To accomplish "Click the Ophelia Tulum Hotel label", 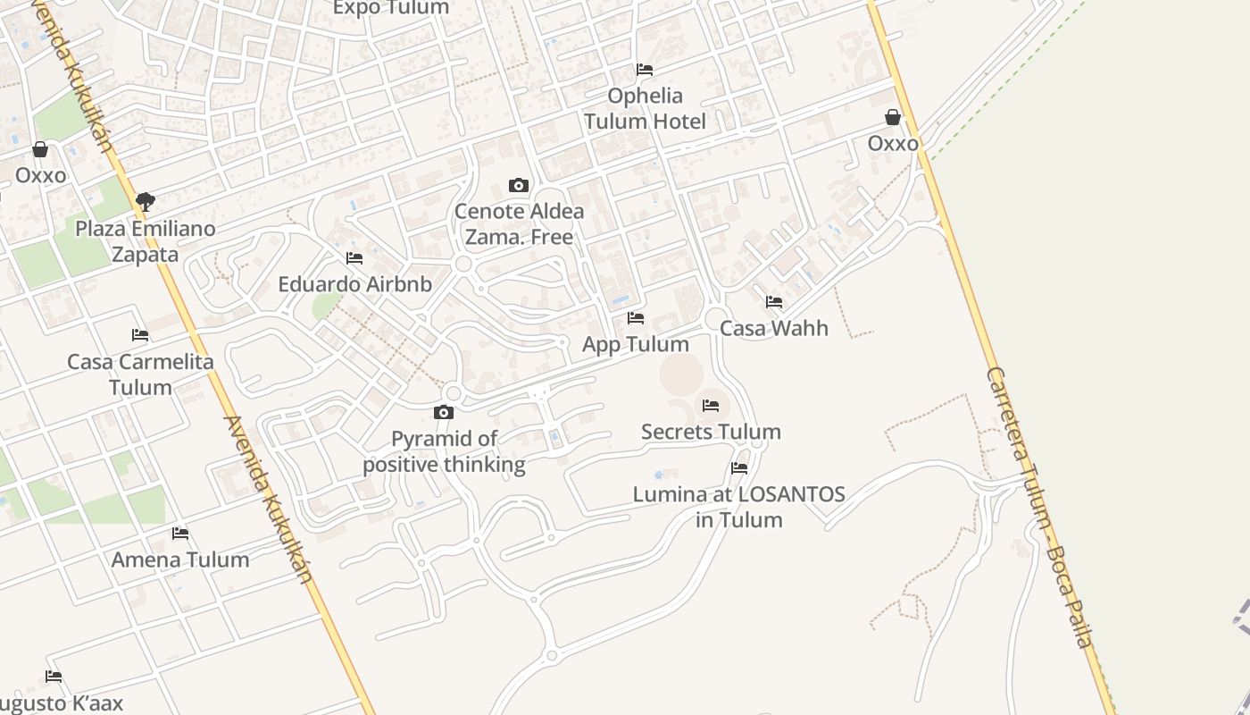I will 645,108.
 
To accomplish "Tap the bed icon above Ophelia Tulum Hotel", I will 645,70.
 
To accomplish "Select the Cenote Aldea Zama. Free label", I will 519,224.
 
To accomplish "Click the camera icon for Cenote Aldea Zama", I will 518,186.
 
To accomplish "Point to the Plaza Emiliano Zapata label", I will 145,241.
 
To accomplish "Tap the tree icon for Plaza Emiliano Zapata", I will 146,202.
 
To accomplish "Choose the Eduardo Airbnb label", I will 354,284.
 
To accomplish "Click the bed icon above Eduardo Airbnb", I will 354,258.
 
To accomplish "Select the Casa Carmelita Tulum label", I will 140,374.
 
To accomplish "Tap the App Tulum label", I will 636,344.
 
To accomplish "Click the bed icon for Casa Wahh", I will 774,302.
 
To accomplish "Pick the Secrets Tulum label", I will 711,432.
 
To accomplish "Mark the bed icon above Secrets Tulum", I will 711,406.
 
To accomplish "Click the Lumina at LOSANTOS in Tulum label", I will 739,507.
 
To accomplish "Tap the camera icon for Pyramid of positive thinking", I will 444,412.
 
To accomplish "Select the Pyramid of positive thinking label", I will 444,451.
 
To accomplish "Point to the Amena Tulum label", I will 180,559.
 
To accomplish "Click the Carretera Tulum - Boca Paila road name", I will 1039,506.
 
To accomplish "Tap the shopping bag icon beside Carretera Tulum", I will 893,117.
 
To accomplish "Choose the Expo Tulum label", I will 391,8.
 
